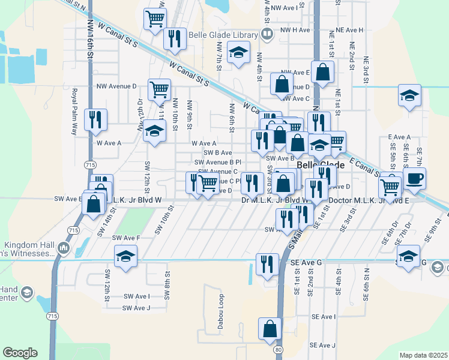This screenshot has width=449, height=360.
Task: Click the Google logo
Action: (20, 352)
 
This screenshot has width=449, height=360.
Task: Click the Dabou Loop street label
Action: (220, 307)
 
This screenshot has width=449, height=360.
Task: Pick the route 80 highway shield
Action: (277, 349)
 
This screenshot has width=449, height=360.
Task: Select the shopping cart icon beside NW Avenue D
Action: (159, 89)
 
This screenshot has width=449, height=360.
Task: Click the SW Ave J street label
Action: (136, 308)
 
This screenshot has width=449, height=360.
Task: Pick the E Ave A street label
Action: (399, 137)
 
